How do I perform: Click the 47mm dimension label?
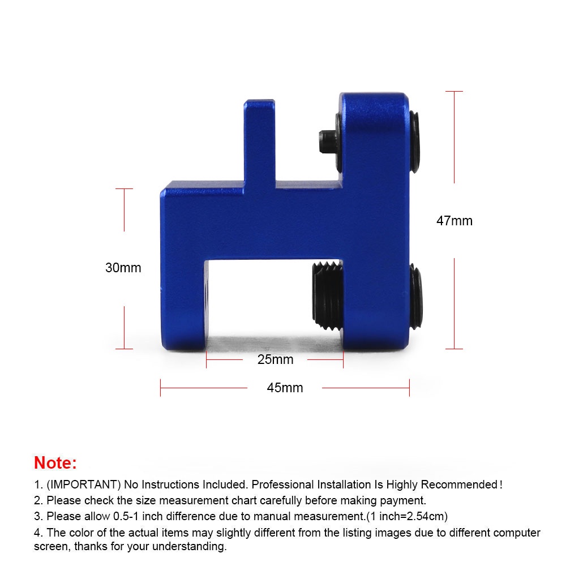tap(454, 221)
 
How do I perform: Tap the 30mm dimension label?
tap(123, 268)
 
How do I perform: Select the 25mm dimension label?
tap(275, 359)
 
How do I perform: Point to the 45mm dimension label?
tap(285, 388)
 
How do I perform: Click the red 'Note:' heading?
tap(55, 462)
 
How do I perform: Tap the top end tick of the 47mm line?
tap(454, 91)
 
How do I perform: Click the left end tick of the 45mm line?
tap(161, 388)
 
